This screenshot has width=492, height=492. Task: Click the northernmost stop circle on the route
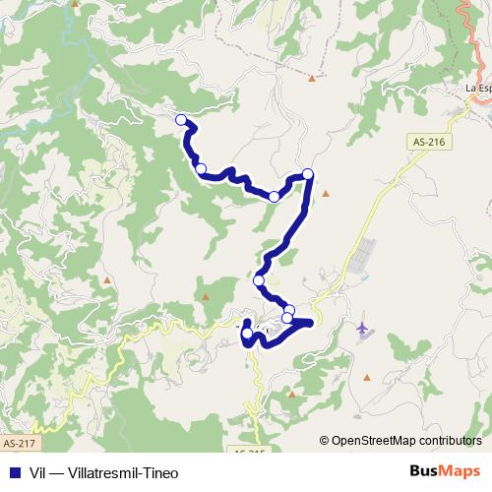pos(181,120)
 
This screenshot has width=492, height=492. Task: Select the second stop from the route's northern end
pos(201,169)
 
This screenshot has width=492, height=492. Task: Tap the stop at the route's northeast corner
pos(307,174)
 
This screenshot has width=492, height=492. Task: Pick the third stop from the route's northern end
pos(275,197)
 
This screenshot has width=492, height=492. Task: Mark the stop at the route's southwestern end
pos(248,334)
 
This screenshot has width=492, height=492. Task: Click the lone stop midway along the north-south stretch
pos(259,280)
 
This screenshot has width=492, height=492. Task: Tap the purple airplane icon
pos(363,327)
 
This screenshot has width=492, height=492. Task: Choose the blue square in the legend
pos(12,472)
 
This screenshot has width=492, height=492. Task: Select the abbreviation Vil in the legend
pos(39,472)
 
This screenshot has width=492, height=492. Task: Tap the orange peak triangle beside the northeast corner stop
pos(325,193)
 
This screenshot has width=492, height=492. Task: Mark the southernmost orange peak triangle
pos(291,394)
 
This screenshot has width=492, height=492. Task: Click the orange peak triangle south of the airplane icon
pos(366,376)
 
